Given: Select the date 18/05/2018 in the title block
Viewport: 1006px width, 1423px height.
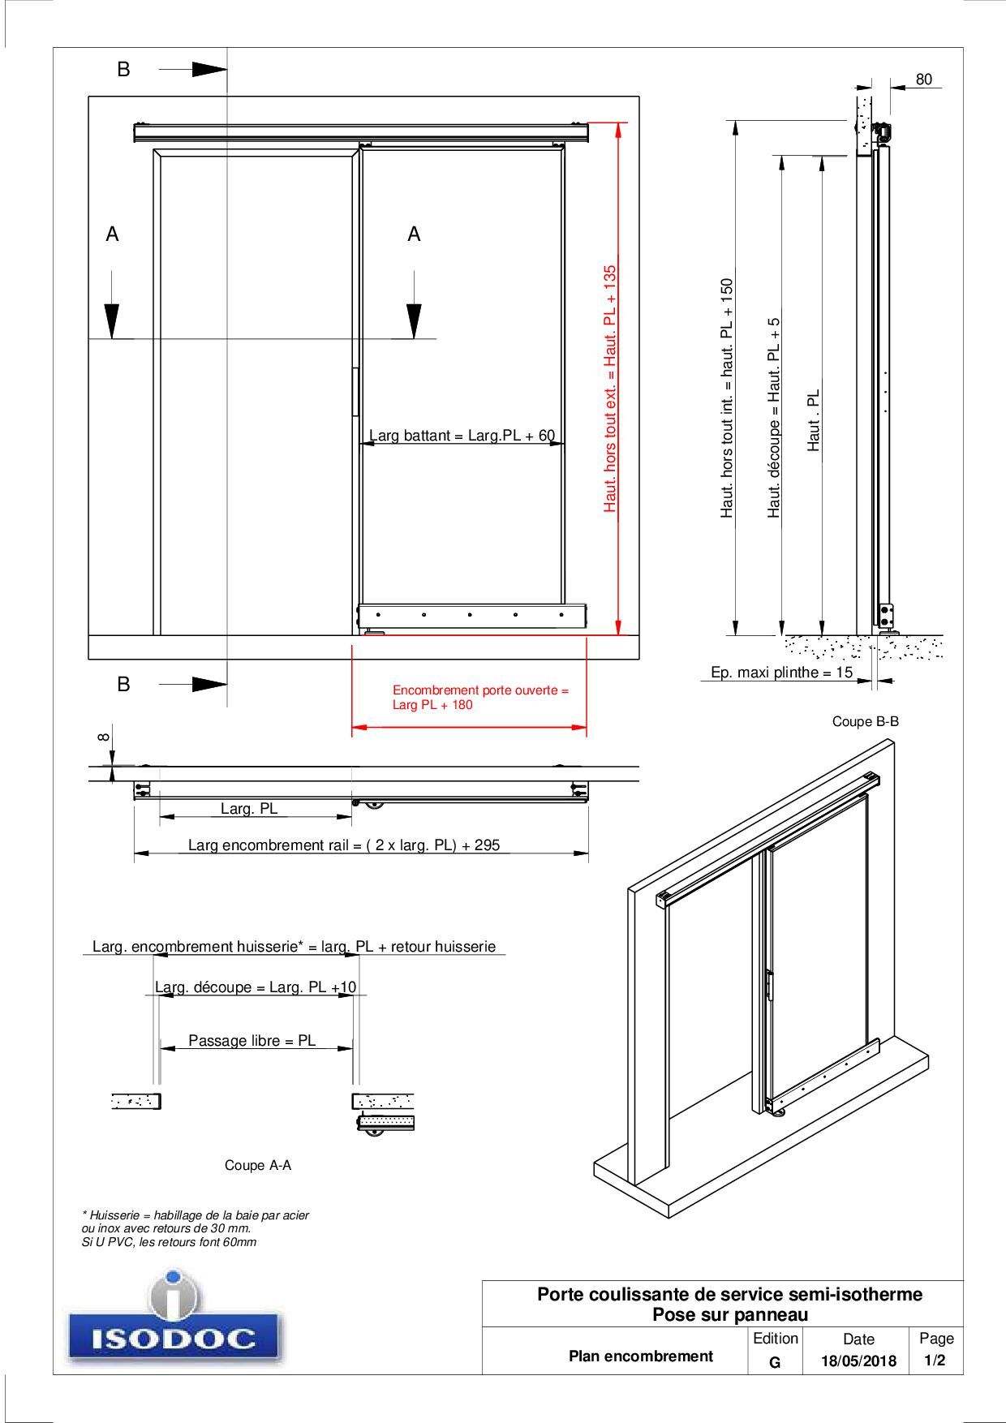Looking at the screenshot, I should click(x=858, y=1361).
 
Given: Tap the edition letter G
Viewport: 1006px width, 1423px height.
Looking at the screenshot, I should click(x=775, y=1362).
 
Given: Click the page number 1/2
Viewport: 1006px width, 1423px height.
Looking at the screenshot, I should click(x=935, y=1361).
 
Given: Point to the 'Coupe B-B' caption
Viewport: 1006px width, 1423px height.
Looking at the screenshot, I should click(x=865, y=721).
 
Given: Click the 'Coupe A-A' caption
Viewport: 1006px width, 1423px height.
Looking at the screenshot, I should click(x=257, y=1165).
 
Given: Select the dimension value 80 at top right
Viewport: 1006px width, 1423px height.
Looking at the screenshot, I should click(x=923, y=80).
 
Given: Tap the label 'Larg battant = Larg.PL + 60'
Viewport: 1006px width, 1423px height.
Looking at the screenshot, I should click(x=462, y=436).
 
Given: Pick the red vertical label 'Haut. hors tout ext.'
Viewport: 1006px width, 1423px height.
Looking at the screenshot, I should click(x=610, y=389).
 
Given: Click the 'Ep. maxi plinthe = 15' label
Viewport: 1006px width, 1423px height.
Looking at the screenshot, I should click(x=781, y=673).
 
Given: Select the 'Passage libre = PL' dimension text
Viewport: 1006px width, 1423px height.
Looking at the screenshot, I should click(x=251, y=1040).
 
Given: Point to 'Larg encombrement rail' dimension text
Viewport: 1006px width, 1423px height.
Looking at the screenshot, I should click(x=344, y=845).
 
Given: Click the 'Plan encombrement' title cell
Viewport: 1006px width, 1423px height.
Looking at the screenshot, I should click(x=640, y=1356).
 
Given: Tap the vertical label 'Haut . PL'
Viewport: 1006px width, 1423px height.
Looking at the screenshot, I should click(x=814, y=419).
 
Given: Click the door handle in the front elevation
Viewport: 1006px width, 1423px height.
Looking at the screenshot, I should click(x=355, y=392).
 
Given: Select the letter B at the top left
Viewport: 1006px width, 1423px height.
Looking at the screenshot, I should click(x=123, y=70).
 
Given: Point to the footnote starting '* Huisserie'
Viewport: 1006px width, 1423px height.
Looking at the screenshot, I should click(x=195, y=1228).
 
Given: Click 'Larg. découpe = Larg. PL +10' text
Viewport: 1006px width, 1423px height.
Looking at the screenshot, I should click(x=256, y=987).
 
